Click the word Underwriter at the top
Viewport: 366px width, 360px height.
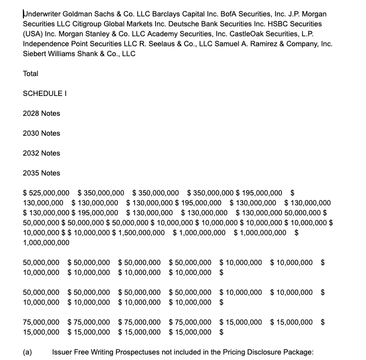click(42, 14)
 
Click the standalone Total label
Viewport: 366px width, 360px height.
click(31, 74)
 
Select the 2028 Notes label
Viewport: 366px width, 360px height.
click(42, 113)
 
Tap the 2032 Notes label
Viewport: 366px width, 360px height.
click(42, 153)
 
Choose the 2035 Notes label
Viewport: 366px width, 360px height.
click(42, 173)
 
